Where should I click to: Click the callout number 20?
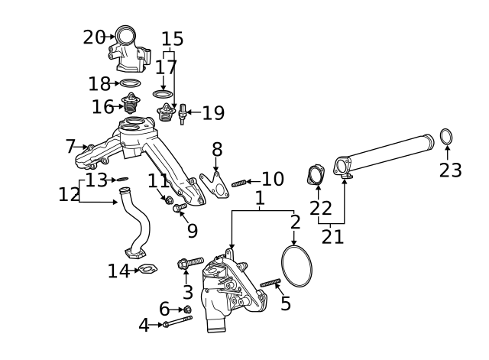[93, 36]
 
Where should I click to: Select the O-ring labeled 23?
[447, 138]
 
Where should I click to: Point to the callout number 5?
[286, 303]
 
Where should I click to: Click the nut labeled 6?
[186, 309]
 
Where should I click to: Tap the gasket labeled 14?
[146, 269]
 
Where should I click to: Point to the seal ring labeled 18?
[131, 83]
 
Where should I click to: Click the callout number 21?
[332, 235]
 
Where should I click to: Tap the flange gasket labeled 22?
[315, 175]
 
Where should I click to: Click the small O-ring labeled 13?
[121, 180]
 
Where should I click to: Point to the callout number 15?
[173, 38]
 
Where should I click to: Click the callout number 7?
[70, 145]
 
